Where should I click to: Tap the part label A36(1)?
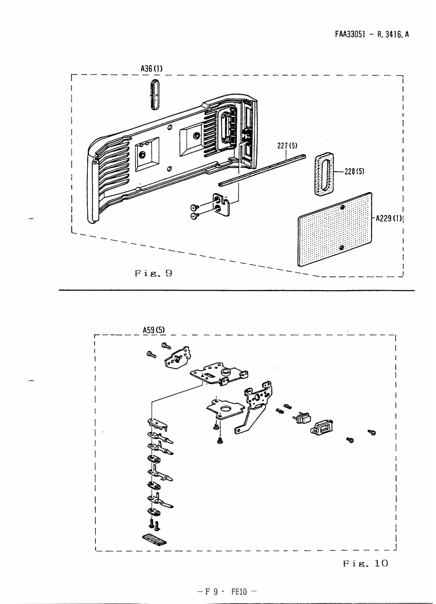(151, 69)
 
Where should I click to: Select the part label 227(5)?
(288, 145)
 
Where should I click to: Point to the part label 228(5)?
(355, 172)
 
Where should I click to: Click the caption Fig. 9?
(153, 273)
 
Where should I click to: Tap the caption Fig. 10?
(365, 564)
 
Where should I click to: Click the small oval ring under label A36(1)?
(155, 94)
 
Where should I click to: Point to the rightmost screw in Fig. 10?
(371, 432)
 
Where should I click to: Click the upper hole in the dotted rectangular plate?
(343, 208)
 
